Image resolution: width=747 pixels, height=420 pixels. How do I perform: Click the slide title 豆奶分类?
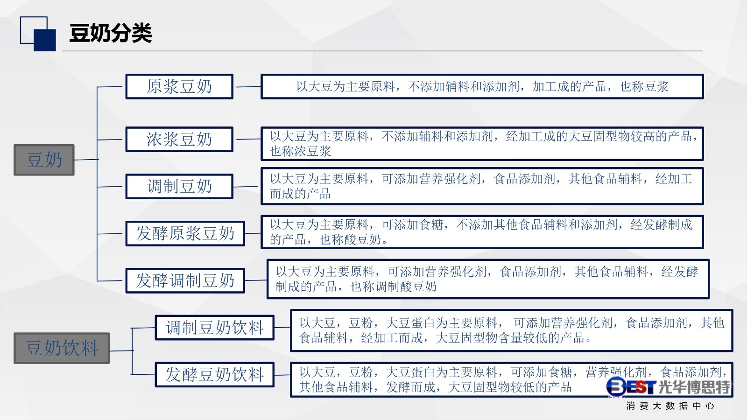110,33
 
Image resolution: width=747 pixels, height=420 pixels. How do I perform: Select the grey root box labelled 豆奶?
44,160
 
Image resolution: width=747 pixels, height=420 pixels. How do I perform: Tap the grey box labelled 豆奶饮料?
62,348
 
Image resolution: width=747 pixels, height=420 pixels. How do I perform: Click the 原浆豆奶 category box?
179,87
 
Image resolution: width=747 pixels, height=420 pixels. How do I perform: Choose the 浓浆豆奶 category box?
179,140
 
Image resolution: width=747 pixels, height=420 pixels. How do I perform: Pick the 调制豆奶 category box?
179,186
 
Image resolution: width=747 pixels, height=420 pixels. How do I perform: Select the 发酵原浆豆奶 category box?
185,233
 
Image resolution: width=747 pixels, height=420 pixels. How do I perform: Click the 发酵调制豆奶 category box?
185,280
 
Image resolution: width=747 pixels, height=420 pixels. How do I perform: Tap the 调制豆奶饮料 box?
215,328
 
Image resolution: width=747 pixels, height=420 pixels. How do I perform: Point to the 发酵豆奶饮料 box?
215,375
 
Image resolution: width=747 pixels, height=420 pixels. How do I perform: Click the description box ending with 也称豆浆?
482,87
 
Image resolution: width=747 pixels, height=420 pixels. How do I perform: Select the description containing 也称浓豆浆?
482,144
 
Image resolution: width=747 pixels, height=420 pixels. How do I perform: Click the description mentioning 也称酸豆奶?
482,232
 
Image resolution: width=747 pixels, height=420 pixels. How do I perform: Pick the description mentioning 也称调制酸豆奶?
488,279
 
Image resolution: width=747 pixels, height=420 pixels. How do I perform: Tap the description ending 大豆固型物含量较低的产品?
512,330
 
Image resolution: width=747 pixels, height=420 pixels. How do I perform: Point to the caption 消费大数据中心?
670,406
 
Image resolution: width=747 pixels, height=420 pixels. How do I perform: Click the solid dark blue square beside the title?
45,40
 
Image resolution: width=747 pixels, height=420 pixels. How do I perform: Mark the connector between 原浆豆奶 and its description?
248,87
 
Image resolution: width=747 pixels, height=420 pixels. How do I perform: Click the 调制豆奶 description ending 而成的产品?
482,186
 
